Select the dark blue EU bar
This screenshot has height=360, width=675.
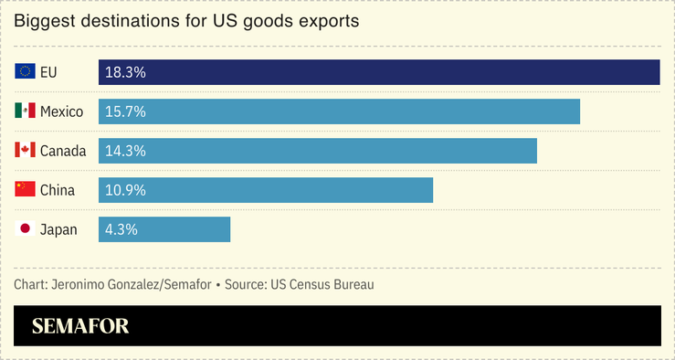click(x=379, y=72)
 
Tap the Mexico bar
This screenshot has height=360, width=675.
click(x=339, y=111)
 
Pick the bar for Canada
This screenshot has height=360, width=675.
click(x=317, y=151)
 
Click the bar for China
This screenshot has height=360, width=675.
click(x=265, y=190)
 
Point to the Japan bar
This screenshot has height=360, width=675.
click(x=164, y=229)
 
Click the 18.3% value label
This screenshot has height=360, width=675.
click(x=125, y=72)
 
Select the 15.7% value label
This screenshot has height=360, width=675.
click(x=125, y=111)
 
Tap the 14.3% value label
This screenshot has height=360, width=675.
click(x=125, y=151)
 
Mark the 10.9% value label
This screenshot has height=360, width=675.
click(x=125, y=190)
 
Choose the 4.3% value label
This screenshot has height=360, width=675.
click(x=121, y=229)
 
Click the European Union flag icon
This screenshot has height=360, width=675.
click(x=25, y=72)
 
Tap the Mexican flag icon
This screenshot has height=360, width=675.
click(x=25, y=111)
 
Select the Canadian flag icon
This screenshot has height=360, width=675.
click(x=25, y=151)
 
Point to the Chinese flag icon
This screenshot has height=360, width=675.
click(x=25, y=190)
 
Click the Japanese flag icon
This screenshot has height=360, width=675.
click(x=25, y=229)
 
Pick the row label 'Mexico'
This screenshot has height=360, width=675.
click(x=61, y=111)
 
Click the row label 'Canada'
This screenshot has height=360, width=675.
click(x=63, y=151)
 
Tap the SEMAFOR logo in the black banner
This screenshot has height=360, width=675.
click(x=80, y=326)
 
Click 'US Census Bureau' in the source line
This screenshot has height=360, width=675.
click(x=322, y=285)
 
